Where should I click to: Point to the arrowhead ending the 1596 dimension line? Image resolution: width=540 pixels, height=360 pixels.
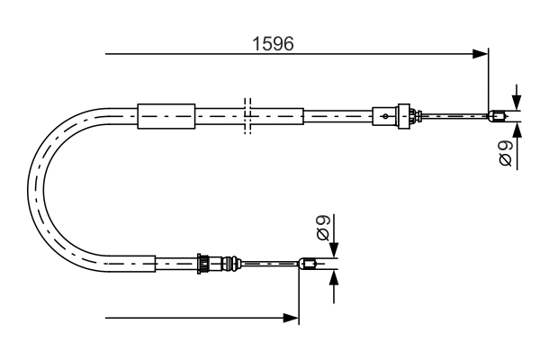coord(481,55)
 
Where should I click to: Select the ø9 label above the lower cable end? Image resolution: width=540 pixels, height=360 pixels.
coord(325,228)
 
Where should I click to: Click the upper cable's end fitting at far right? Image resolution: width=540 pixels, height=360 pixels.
coord(497,114)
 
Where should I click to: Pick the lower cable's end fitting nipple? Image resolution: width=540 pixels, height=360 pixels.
coord(307,264)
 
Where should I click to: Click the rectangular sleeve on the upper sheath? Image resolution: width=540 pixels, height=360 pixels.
coord(166,115)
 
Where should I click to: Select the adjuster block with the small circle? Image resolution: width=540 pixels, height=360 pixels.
coord(385,115)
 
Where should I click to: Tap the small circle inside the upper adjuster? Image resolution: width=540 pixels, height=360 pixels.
coord(386,115)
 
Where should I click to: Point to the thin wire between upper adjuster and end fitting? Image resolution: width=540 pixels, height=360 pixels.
coord(454,114)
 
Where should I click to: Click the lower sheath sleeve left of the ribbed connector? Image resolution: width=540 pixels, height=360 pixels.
coord(175,263)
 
